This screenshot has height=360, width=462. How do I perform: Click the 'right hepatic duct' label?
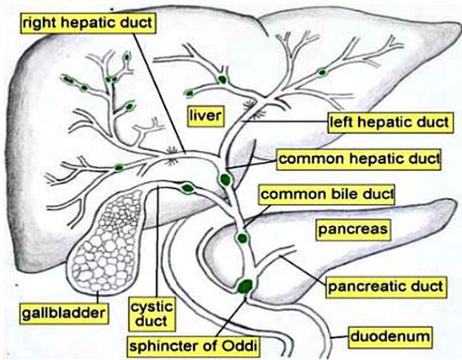point(88,23)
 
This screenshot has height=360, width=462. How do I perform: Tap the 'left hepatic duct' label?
point(390,122)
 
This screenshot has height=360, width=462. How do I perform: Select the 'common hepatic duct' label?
point(359,160)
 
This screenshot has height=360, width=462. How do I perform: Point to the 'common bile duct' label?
point(327,195)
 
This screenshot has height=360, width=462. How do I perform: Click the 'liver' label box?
point(206,115)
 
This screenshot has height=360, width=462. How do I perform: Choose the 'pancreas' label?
point(353,230)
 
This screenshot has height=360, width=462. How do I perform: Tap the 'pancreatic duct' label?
point(386,287)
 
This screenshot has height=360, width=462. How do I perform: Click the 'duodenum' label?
point(390,336)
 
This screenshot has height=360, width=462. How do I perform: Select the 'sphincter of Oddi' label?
point(193,346)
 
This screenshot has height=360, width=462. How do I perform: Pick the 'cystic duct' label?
point(152,314)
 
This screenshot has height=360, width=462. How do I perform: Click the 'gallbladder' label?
point(64,313)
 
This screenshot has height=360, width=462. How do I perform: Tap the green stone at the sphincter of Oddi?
point(245,286)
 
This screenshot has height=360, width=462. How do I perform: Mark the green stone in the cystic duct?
point(188,188)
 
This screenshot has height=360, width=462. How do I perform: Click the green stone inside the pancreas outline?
point(242,238)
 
